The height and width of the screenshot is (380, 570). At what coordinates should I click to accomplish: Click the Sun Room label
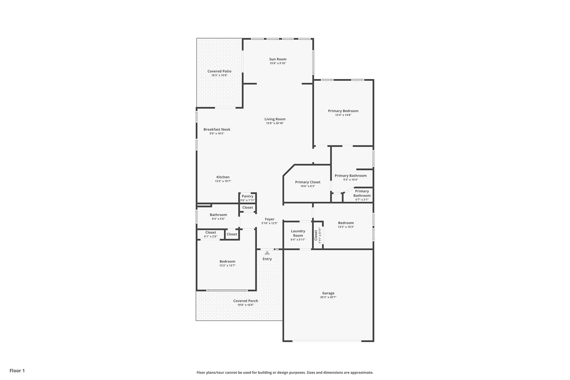coord(277,59)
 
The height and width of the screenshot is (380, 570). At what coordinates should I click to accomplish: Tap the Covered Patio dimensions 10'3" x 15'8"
coord(219,75)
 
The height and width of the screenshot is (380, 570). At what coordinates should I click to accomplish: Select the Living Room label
coord(275,119)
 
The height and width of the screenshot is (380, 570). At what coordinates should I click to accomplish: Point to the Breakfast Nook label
coord(217,129)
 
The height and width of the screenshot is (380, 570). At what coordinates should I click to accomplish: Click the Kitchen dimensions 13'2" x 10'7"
coord(223,181)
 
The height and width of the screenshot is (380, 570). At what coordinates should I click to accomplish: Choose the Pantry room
coord(247,198)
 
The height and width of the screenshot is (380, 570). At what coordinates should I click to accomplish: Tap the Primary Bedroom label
coord(343,111)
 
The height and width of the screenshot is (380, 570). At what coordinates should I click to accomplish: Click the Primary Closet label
coord(308,182)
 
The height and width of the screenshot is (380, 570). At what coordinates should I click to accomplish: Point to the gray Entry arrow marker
coord(267,253)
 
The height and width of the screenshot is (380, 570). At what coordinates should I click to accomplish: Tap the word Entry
coord(267,259)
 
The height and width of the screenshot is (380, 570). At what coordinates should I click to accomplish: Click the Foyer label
coord(269,219)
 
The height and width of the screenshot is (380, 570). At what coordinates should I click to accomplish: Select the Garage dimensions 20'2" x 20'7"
coord(328,297)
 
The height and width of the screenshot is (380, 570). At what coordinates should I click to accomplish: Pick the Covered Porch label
coord(245,301)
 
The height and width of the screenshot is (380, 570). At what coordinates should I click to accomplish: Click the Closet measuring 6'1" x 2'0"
coord(210,234)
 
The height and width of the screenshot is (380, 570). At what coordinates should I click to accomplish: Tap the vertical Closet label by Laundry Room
coord(316,235)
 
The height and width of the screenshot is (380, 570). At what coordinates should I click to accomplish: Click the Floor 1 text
coord(17,371)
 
